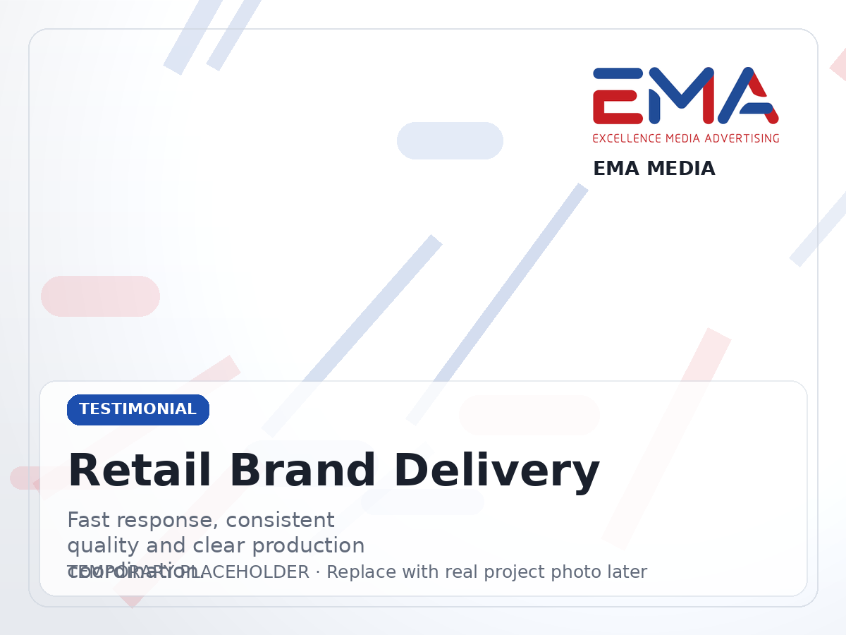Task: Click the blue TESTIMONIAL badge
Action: click(x=138, y=410)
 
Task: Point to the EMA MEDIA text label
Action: click(x=654, y=169)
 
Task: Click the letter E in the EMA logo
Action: click(x=618, y=96)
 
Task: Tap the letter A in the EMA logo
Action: click(x=749, y=96)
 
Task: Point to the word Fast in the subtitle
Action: click(x=89, y=521)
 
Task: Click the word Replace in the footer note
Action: click(x=357, y=572)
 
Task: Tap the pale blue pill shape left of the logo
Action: click(x=450, y=140)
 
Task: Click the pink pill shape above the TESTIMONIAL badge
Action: click(x=100, y=296)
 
